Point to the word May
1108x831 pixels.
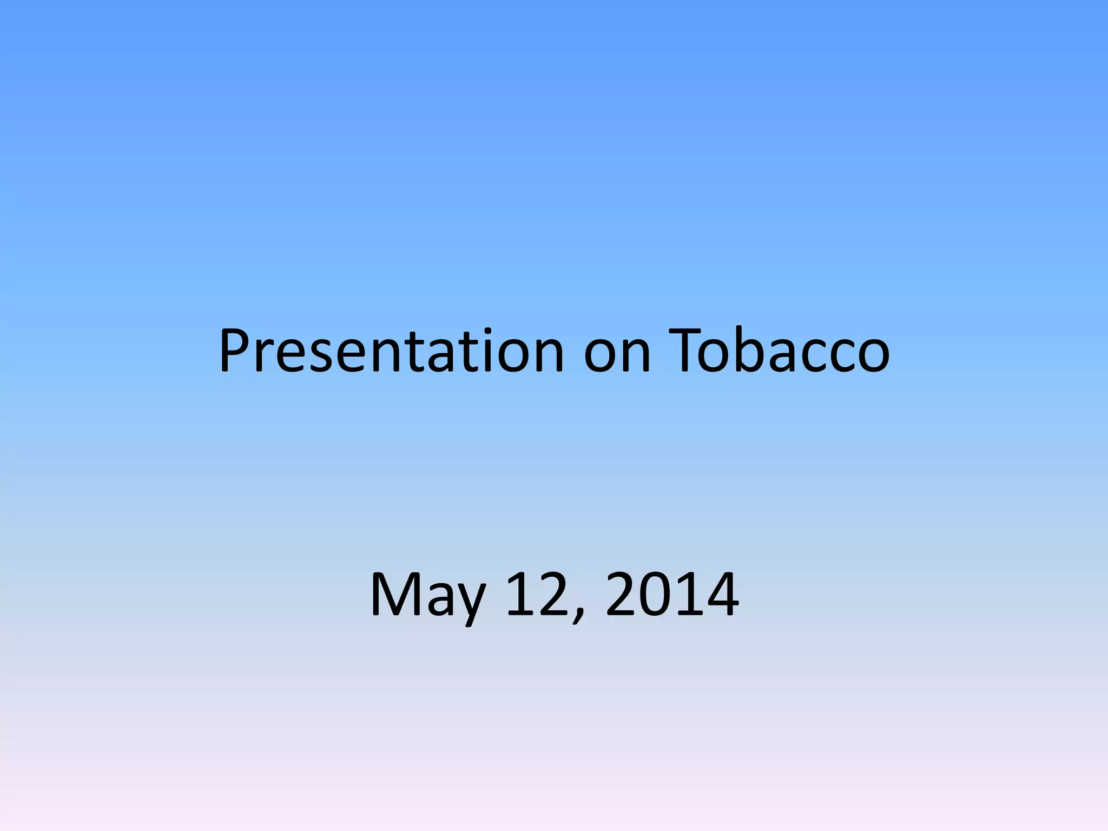[x=427, y=595]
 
